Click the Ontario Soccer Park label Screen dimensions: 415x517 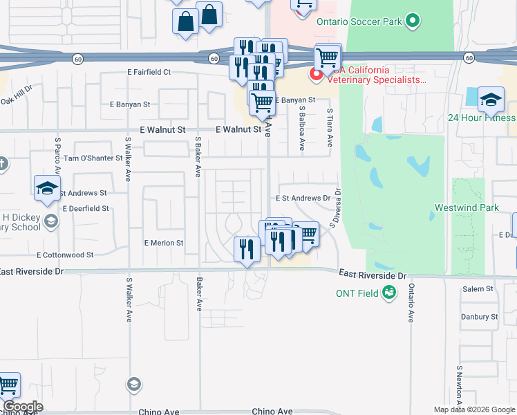tap(359, 21)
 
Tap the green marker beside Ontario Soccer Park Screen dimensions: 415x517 tap(413, 21)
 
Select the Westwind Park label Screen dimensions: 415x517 tap(467, 207)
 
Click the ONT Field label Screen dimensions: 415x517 tap(357, 293)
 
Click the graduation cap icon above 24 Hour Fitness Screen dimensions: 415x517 tap(491, 99)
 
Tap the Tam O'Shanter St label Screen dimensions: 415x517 tap(93, 158)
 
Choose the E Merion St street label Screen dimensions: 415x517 tap(164, 243)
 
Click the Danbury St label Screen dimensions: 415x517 tap(480, 317)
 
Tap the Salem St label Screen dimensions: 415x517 tap(478, 288)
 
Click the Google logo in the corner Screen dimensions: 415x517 tap(22, 407)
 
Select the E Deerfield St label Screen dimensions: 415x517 tap(86, 208)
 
